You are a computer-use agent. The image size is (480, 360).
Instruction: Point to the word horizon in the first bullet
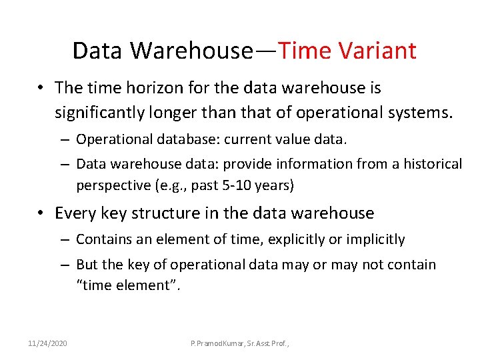pos(155,88)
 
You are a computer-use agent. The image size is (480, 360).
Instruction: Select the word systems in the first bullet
pos(419,113)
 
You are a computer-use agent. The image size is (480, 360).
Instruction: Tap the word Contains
pos(101,239)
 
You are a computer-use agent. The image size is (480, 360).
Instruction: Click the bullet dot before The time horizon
pos(41,89)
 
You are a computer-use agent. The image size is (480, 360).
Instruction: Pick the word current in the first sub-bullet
pos(247,139)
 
